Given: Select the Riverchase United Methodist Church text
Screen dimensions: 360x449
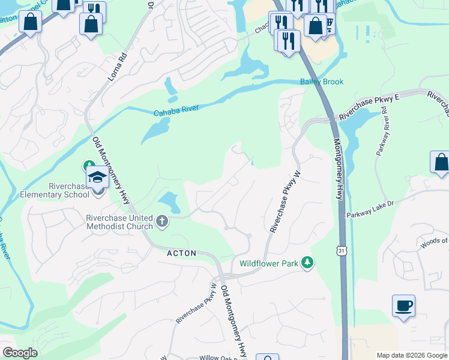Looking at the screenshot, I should click(x=119, y=222).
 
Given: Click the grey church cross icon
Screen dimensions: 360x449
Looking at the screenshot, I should click(x=161, y=222).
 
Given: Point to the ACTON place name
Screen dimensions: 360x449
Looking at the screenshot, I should click(x=181, y=254).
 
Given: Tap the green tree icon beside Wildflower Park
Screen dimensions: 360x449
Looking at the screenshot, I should click(x=307, y=262).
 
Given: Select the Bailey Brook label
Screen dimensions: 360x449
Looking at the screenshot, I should click(x=322, y=82).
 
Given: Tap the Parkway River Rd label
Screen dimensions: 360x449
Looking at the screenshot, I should click(x=384, y=136).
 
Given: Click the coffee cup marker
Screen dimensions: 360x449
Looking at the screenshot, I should click(x=403, y=306).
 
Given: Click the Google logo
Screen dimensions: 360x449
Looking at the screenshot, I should click(x=20, y=353).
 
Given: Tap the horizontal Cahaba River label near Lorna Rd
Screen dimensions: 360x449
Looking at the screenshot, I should click(x=175, y=111).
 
